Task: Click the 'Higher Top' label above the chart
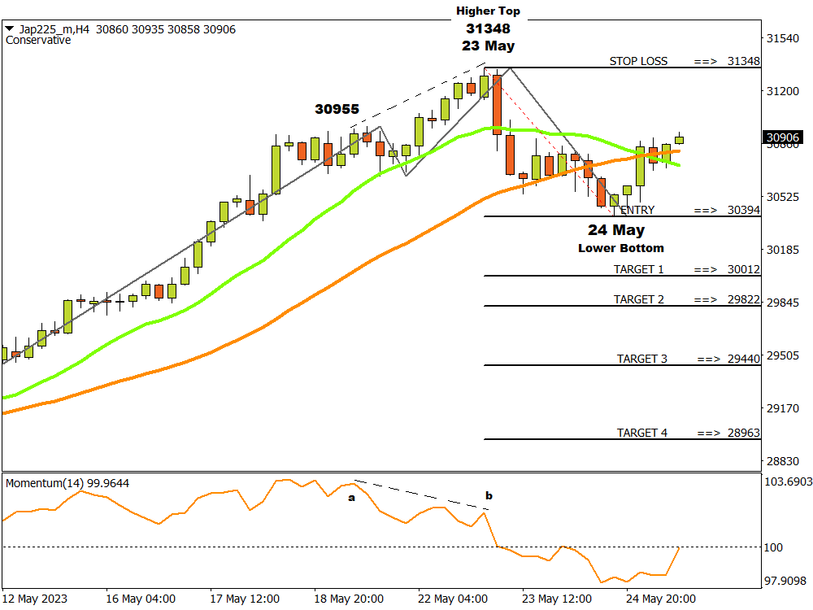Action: (488, 11)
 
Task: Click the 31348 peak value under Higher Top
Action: (488, 28)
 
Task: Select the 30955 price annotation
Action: (337, 109)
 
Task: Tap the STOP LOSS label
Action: (638, 61)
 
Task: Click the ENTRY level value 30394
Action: (743, 210)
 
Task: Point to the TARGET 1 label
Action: (638, 269)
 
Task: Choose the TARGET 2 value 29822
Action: (743, 299)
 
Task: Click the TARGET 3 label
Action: (641, 359)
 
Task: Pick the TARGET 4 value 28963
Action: (743, 433)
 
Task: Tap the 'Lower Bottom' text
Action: (620, 248)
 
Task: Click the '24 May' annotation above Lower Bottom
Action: (616, 230)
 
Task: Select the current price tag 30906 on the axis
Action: (784, 138)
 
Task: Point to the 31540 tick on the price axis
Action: (784, 38)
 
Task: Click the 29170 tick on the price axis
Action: (784, 408)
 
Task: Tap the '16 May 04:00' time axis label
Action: (140, 599)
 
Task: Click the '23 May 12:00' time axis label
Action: (556, 599)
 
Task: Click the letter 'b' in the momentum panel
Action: (489, 495)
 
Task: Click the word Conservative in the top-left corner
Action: (37, 40)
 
